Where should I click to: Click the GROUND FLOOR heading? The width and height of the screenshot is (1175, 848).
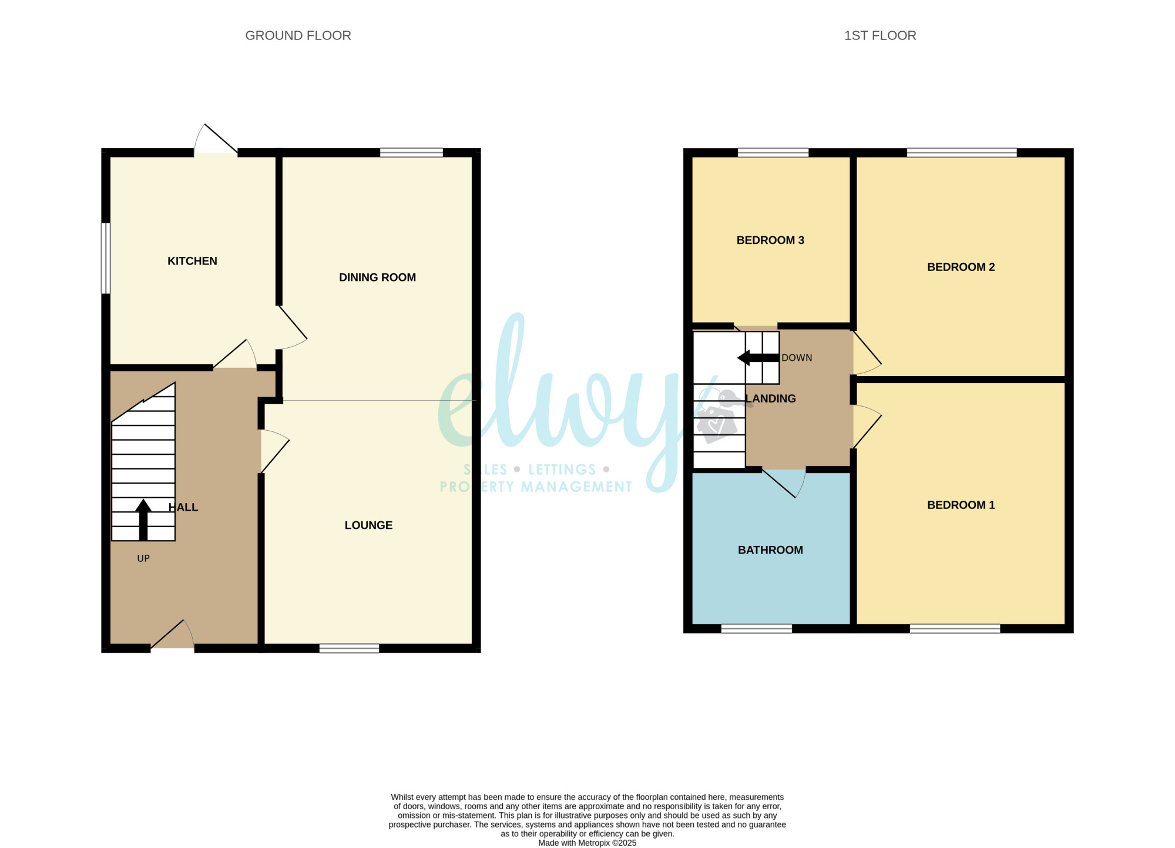click(298, 36)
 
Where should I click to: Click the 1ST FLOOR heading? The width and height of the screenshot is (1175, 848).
click(880, 36)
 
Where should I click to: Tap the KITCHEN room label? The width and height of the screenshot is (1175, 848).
click(192, 261)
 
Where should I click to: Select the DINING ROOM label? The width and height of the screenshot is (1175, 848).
click(377, 277)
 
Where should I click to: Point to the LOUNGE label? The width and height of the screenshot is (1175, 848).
click(368, 525)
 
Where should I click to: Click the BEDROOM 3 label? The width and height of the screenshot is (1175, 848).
click(770, 240)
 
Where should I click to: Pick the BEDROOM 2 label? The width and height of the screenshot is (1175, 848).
click(961, 267)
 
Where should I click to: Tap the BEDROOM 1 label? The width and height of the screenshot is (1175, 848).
click(961, 505)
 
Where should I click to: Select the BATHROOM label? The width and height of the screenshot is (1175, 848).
click(770, 550)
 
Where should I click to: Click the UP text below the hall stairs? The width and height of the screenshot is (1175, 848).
click(143, 558)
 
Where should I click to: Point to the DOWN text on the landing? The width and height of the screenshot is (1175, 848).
click(797, 358)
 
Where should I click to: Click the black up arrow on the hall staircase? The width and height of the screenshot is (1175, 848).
click(143, 519)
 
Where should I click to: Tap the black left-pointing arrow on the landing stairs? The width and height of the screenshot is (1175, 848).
click(758, 358)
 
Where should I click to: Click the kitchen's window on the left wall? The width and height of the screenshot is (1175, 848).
click(106, 258)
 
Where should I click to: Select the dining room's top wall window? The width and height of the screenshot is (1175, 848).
click(411, 153)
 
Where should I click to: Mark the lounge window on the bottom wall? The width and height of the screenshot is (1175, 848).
click(349, 648)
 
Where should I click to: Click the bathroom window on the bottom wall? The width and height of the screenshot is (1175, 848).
click(756, 629)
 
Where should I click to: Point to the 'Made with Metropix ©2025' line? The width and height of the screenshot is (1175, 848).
click(587, 843)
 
